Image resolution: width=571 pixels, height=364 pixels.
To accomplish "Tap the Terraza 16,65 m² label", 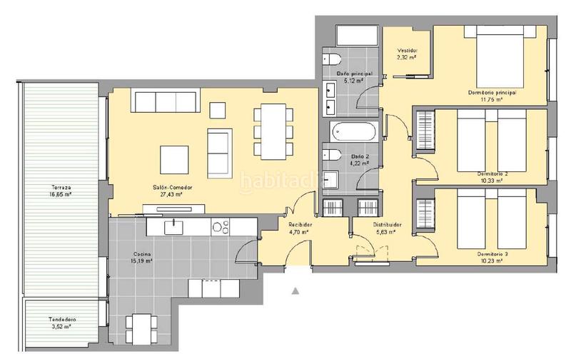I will [x=61, y=191].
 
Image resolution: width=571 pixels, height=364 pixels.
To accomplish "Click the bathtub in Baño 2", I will [x=353, y=132].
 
